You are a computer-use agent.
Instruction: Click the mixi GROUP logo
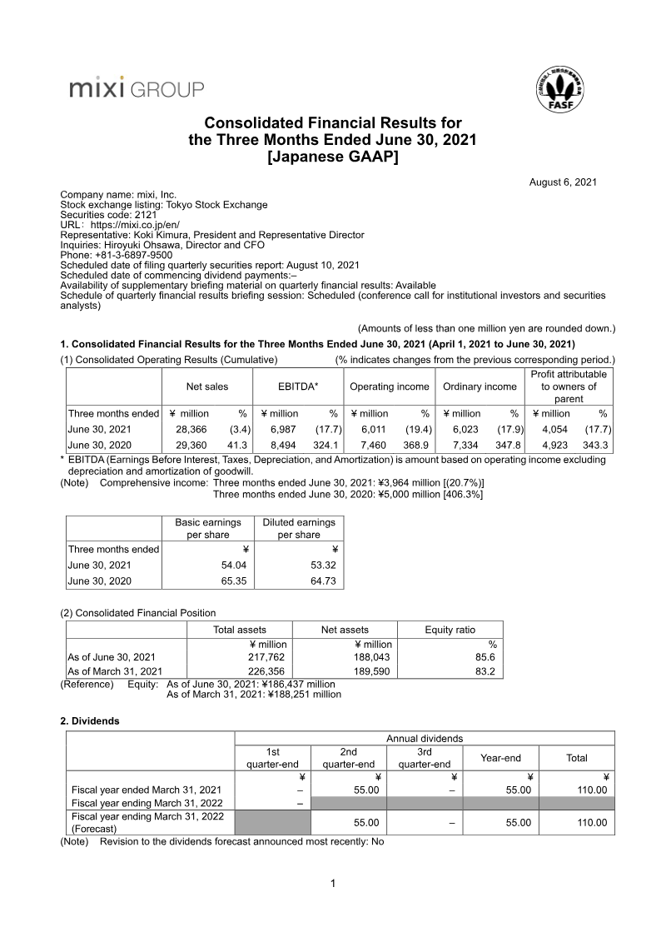pos(137,88)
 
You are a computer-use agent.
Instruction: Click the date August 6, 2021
pos(563,182)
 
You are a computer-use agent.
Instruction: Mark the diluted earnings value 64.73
pos(321,581)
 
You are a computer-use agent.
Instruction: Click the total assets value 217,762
pos(267,656)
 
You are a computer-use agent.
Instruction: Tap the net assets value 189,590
pos(371,670)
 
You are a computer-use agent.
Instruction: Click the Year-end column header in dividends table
pos(500,758)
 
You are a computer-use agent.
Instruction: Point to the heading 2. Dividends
pos(90,720)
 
